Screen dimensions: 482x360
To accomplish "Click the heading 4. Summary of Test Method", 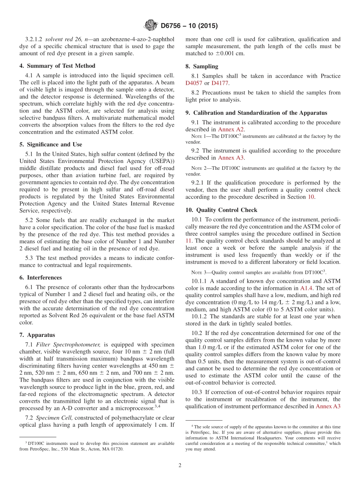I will coord(57,66).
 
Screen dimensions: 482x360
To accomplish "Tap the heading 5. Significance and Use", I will coord(50,144).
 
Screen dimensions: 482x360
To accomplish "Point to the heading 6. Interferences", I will coord(41,277).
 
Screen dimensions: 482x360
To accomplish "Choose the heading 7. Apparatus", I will coord(37,335).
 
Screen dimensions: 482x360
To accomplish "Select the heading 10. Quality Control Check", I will coord(221,210).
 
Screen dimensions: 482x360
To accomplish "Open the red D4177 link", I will coord(219,83).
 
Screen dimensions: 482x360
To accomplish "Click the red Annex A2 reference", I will coord(230,130).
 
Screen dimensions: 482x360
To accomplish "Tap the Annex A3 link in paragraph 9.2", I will coord(230,158).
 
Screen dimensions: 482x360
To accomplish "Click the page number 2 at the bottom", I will coord(180,466).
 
